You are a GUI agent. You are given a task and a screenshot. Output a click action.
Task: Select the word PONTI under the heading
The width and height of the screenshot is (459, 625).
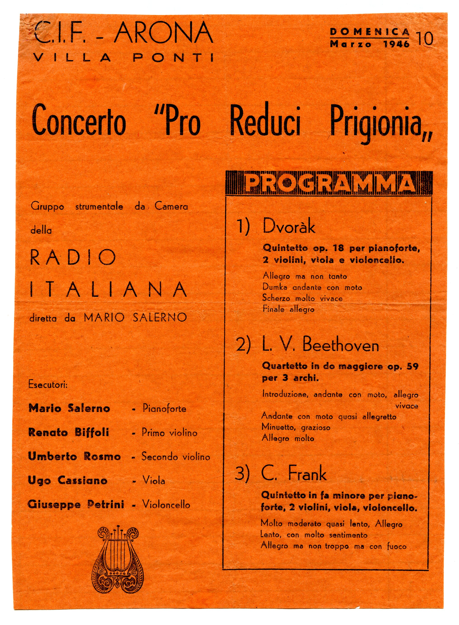point(173,58)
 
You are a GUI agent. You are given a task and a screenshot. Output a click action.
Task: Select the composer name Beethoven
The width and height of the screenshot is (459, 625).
point(341,345)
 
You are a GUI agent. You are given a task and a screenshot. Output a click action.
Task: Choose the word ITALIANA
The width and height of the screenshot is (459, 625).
point(108,289)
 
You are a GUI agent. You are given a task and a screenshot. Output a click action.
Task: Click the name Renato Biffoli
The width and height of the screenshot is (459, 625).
point(69,432)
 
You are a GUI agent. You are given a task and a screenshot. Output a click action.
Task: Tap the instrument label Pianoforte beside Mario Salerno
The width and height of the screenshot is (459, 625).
point(164,408)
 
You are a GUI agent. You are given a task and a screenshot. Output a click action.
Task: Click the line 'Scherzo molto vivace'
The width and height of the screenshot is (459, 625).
point(302,298)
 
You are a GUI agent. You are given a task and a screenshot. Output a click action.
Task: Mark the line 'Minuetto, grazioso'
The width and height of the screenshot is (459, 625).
point(296,427)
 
